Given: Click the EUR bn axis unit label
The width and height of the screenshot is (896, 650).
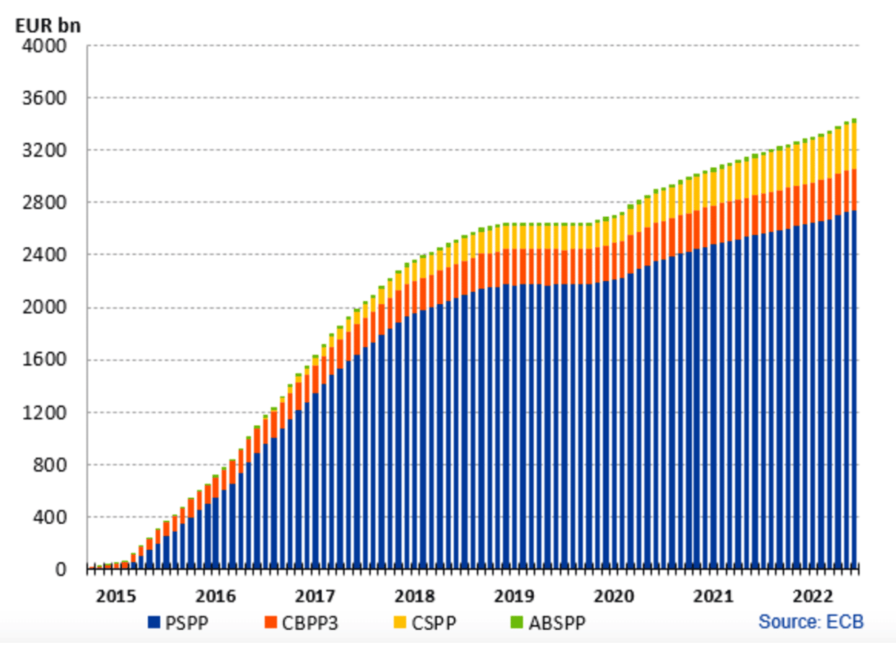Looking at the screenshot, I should [x=48, y=25].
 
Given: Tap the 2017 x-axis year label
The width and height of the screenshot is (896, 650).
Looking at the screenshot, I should [x=315, y=597].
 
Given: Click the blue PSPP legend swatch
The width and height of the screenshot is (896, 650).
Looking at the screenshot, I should [x=154, y=622].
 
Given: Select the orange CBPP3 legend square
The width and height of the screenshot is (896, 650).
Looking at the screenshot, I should [x=271, y=622].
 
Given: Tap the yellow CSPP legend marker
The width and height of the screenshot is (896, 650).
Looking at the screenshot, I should [x=400, y=622].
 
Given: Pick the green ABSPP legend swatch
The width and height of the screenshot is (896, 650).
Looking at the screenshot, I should [x=517, y=622].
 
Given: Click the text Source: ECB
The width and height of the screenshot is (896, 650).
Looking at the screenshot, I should [x=810, y=621].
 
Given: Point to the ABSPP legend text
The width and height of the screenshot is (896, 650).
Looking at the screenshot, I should [x=557, y=622].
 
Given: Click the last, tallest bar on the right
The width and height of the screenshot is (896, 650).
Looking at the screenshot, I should [x=855, y=346].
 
